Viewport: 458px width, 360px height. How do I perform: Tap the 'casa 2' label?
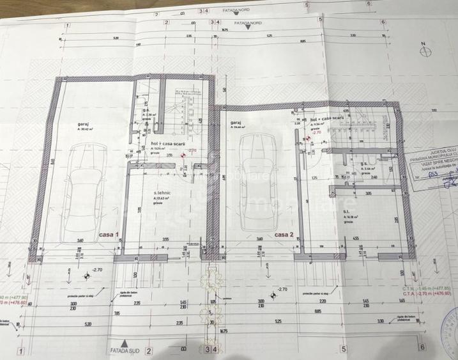[284, 235]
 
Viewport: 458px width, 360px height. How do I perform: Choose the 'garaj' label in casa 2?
[236, 122]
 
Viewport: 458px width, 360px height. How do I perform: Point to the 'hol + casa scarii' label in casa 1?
[168, 145]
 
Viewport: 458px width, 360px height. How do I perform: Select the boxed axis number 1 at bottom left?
[22, 350]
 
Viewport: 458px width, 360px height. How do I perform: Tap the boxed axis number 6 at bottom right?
[422, 347]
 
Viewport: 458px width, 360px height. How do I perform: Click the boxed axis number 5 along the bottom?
[344, 348]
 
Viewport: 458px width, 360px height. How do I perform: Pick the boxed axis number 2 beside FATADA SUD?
[148, 350]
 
